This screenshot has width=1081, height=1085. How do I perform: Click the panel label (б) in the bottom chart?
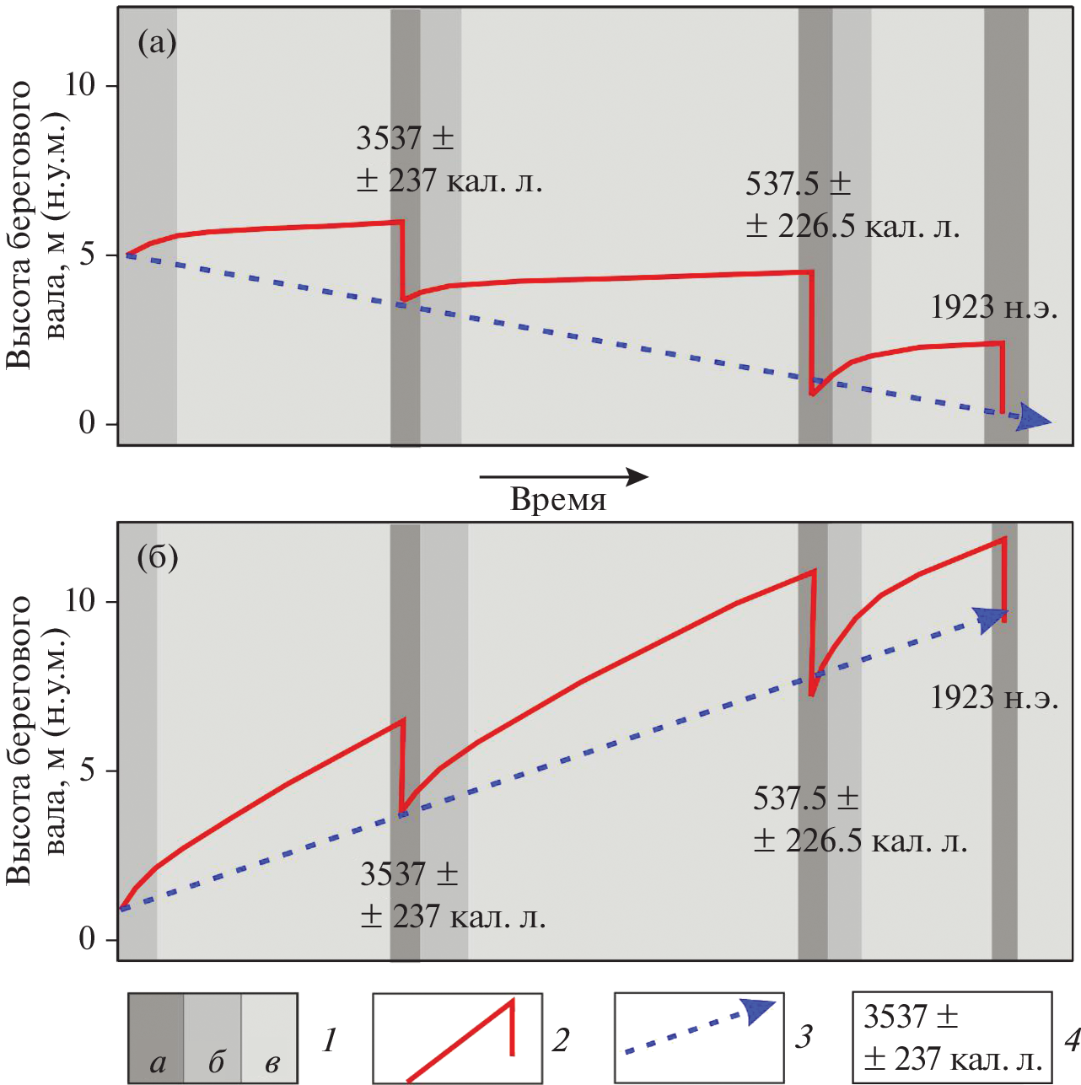pos(158,558)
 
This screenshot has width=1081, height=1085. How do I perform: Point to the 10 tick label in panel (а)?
pos(80,85)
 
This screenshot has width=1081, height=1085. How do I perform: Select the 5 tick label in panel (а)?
pos(87,255)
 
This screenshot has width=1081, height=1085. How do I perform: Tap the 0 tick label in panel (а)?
pos(87,423)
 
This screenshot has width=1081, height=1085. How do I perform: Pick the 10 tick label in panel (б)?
pos(80,601)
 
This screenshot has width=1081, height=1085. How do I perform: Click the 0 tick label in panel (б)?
pos(87,939)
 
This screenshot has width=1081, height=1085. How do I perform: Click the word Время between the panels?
pos(558,500)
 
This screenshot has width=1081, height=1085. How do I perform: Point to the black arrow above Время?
pos(563,477)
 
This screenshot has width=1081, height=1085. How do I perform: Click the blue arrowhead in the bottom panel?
pos(990,618)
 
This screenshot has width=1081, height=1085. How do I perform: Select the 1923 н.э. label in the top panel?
pos(994,308)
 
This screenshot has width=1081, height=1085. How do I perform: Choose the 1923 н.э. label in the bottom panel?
pos(994,698)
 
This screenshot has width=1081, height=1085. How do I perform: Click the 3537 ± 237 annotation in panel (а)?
pos(449,159)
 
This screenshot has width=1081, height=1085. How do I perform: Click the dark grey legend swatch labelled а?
pos(156,1038)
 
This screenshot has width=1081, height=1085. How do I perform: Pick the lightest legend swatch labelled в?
pos(270,1038)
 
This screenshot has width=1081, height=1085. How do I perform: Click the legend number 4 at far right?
pos(1072,1040)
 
